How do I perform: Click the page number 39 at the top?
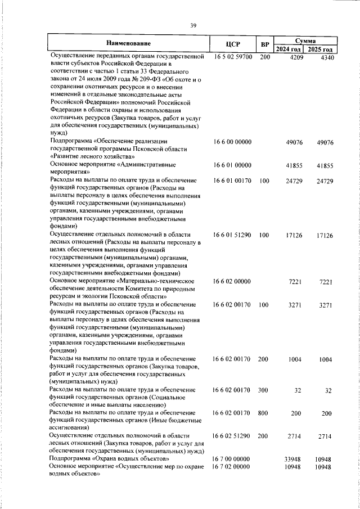click(x=193, y=25)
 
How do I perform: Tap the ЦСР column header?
click(x=233, y=44)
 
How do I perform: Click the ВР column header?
click(x=264, y=44)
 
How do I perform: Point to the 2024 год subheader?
click(x=289, y=50)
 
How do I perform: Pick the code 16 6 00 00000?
click(x=233, y=143)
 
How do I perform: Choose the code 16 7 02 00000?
click(x=233, y=467)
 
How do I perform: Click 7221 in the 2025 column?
click(x=326, y=281)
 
